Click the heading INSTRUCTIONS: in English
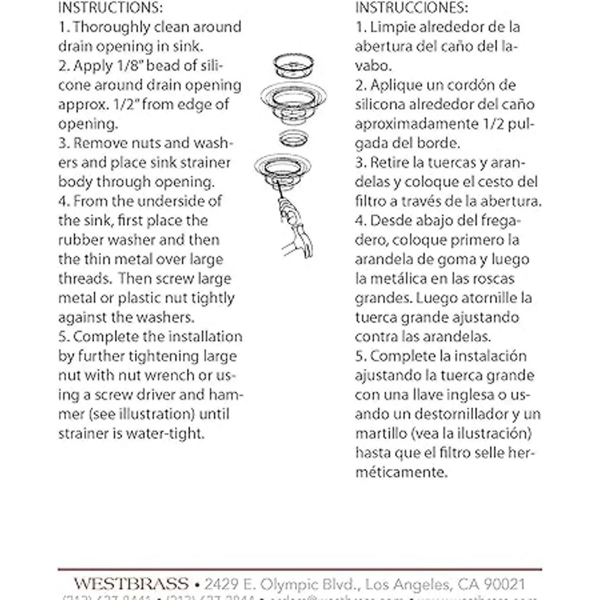[x=110, y=7]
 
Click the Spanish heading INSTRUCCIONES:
[x=411, y=7]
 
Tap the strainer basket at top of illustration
[x=293, y=65]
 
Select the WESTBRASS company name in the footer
[x=131, y=583]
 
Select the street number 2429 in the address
[x=221, y=583]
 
